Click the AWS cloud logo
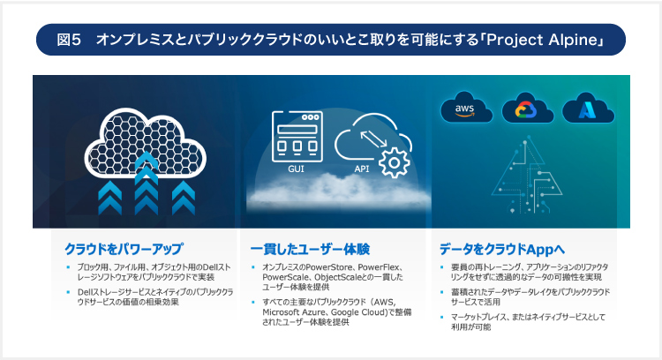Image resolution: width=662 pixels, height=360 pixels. (465, 109)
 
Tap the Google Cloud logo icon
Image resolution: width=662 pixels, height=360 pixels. (527, 109)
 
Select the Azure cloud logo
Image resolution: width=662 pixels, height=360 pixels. (587, 109)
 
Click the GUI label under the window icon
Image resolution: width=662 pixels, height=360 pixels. (297, 166)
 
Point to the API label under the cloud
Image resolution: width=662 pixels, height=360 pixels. (361, 166)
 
